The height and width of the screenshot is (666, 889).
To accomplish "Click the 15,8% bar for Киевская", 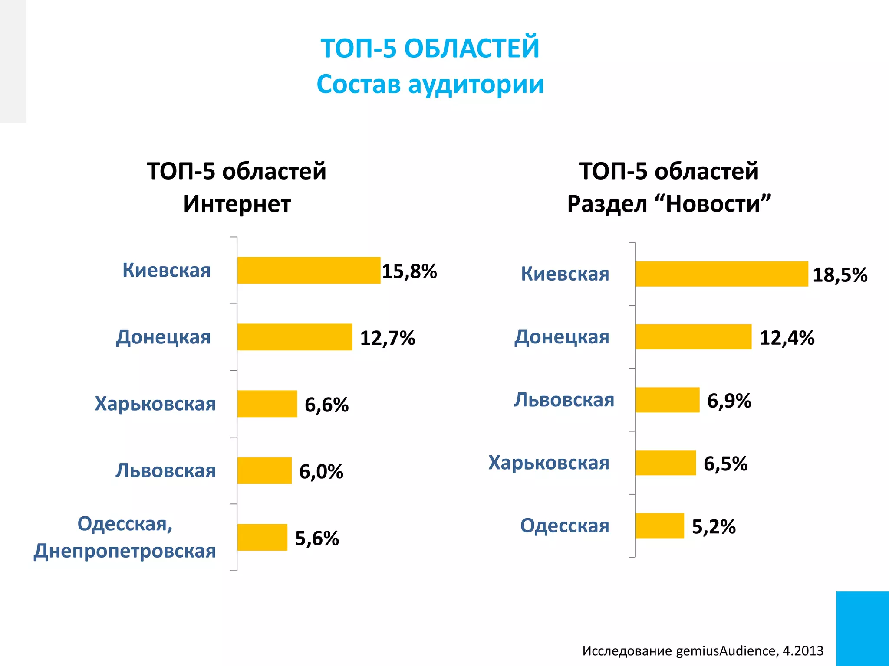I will tap(309, 270).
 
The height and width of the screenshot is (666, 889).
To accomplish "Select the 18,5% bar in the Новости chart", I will tap(721, 274).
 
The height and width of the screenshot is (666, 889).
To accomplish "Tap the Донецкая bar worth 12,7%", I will tap(295, 337).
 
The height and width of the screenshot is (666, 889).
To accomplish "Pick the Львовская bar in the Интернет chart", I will tap(264, 470).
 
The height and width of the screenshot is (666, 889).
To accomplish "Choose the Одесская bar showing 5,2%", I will tap(660, 526).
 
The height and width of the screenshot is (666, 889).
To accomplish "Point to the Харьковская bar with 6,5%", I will tap(665, 463).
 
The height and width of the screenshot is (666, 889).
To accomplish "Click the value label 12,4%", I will tap(787, 338).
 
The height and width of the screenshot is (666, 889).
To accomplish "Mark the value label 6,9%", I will tap(729, 401).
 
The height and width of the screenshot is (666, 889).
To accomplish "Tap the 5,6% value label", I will tap(317, 538).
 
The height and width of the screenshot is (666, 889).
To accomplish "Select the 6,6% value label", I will tap(326, 405).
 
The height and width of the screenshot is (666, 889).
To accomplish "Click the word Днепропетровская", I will tap(125, 551).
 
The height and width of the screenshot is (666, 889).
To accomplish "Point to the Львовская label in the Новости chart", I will tap(564, 400).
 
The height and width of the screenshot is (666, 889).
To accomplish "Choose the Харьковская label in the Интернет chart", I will tap(155, 404).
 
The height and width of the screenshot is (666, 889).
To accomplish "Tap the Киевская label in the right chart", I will tap(565, 274).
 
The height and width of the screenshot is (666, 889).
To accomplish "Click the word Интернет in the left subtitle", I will tap(237, 204).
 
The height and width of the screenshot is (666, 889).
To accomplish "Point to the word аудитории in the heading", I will tap(476, 84).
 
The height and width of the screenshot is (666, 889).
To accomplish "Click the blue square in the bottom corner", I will tap(863, 628).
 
